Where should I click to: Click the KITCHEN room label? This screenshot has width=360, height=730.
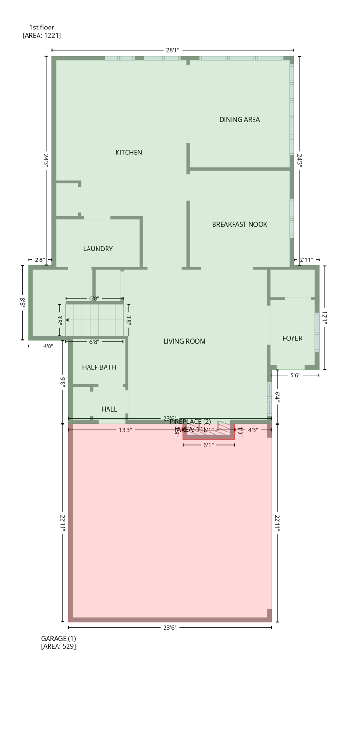(x=128, y=153)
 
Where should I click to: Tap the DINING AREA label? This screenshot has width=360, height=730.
(x=239, y=120)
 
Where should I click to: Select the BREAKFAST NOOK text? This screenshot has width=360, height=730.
(x=239, y=224)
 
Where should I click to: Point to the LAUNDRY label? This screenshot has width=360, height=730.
(x=97, y=249)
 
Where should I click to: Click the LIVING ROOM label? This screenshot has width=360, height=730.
(x=184, y=341)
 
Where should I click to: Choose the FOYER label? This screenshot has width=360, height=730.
(x=292, y=338)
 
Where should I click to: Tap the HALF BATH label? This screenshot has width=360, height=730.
(x=99, y=367)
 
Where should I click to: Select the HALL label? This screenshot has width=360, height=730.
(x=109, y=409)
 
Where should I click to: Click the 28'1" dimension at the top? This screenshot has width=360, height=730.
(x=173, y=50)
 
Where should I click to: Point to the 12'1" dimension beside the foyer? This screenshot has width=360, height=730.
(x=325, y=317)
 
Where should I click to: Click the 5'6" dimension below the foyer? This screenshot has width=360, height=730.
(x=295, y=375)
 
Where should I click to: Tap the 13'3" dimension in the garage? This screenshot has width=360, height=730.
(x=125, y=430)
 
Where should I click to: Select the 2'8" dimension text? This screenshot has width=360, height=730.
(x=40, y=260)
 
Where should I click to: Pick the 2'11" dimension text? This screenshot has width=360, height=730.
(x=306, y=260)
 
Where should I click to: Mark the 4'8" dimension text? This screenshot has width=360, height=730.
(x=48, y=346)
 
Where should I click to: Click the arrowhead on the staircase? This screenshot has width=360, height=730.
(x=68, y=320)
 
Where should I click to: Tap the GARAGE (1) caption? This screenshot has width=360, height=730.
(x=58, y=638)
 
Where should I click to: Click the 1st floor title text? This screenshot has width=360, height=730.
(x=42, y=28)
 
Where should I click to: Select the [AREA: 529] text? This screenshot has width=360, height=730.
(x=58, y=646)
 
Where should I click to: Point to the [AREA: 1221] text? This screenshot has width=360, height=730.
(x=42, y=36)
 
